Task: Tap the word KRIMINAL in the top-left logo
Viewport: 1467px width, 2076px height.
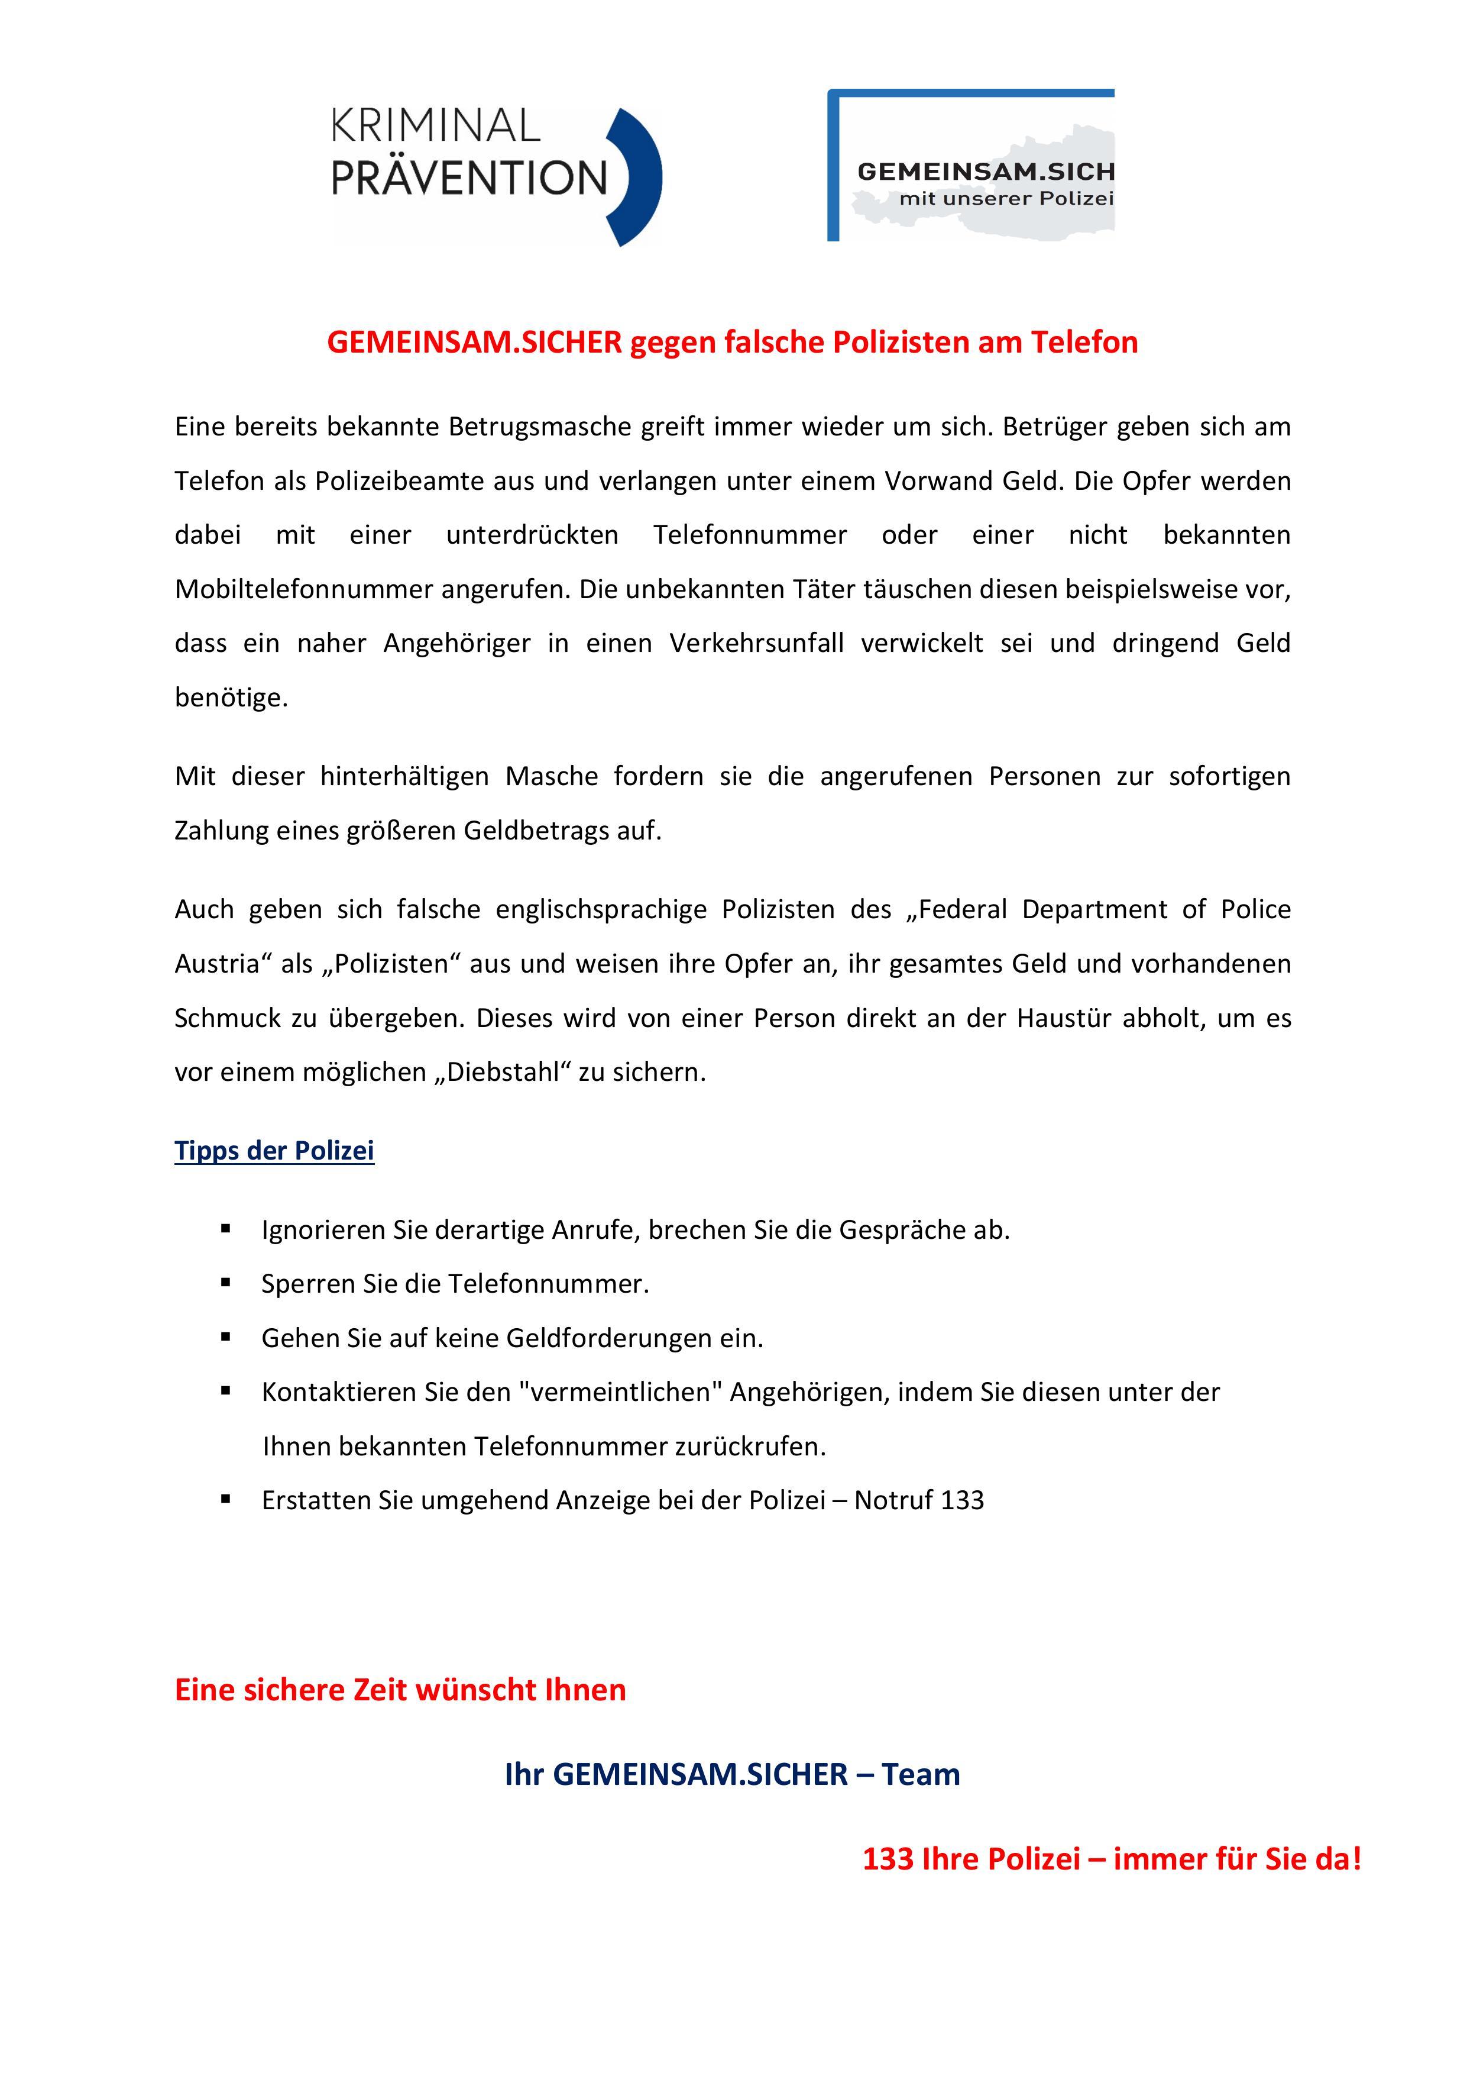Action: coord(436,127)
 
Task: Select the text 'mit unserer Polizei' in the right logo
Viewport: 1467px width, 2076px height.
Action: coord(1006,198)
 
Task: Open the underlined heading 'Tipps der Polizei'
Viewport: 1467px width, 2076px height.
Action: coord(274,1151)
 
